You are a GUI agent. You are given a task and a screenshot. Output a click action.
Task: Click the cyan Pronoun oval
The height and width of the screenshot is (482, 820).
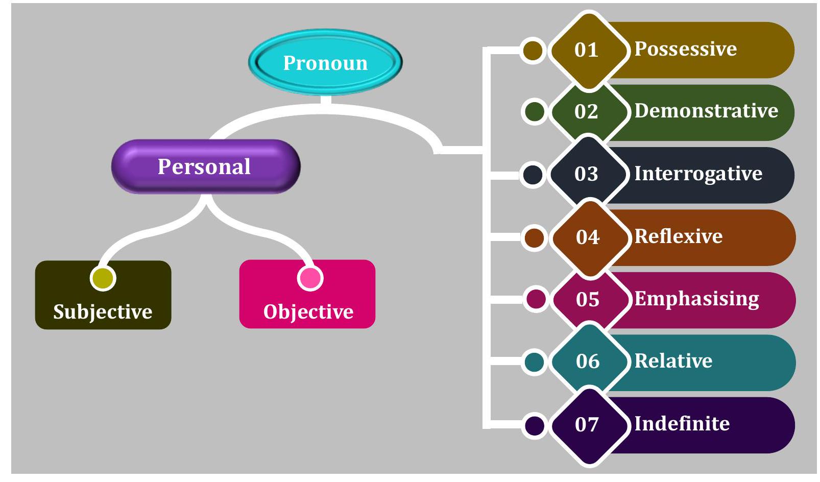coord(325,62)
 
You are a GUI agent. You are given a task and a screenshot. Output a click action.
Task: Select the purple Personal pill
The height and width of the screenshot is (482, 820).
coord(205,166)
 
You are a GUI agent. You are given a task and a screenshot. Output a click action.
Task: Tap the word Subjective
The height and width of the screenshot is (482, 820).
coord(103,311)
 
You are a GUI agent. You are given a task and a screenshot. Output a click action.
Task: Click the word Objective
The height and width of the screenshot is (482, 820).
coord(308,311)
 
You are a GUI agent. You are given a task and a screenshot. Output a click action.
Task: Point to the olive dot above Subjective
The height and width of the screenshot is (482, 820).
coord(103,277)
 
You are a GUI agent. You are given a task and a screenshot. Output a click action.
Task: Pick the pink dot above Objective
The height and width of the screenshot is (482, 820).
coord(310,278)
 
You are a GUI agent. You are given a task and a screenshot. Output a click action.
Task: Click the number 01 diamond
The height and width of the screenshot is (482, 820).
coord(587,50)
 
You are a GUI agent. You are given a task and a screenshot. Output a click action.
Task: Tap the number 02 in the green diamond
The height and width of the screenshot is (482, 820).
coord(586,112)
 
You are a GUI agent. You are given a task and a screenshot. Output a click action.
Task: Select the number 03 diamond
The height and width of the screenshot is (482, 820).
coord(587,174)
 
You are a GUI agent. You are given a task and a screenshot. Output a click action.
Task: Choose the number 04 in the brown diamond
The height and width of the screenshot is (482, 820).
coord(588,237)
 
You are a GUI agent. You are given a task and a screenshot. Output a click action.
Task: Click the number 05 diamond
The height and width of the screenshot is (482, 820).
coord(588,300)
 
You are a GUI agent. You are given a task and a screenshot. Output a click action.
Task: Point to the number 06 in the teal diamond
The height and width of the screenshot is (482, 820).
coord(588,361)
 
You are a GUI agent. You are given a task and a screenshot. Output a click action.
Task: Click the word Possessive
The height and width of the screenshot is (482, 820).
coord(685,49)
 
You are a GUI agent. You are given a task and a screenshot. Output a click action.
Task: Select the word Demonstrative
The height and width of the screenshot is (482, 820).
coord(706,111)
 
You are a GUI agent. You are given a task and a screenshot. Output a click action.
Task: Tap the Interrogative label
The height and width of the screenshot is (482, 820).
coord(698,174)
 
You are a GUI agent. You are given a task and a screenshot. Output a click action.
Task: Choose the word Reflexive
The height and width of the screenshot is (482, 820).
coord(678,236)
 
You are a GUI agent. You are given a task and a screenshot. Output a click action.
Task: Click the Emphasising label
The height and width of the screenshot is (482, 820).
coord(696,299)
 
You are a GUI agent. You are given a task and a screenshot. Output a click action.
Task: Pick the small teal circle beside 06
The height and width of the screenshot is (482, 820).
coord(535,362)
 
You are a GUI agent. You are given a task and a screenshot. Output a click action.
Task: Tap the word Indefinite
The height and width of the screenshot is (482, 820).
coord(682,424)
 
